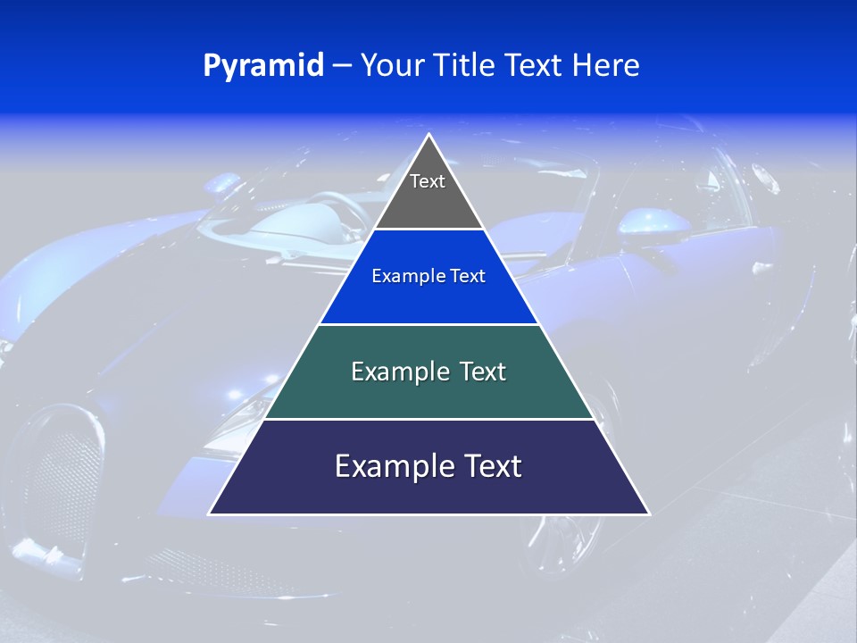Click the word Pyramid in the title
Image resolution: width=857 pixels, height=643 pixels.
(x=263, y=66)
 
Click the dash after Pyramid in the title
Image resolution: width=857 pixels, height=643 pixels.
(x=341, y=66)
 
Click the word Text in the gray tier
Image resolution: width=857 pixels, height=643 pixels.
(x=428, y=181)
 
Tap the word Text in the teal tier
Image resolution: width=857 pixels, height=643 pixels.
(x=483, y=372)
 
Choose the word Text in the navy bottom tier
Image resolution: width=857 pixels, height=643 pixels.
(x=492, y=466)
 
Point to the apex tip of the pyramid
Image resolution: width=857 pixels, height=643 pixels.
(x=429, y=136)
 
